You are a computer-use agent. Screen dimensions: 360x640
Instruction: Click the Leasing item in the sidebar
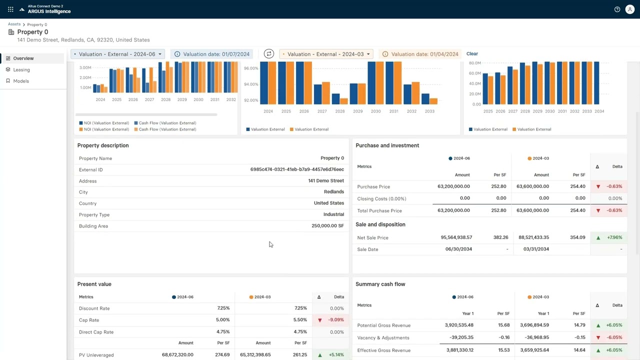coord(21,70)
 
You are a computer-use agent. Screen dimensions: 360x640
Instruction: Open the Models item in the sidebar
coord(21,81)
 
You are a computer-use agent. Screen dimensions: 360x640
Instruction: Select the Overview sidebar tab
coord(23,58)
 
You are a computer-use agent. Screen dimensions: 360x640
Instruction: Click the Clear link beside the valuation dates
coord(472,54)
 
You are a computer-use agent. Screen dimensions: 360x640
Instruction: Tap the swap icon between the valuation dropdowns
coord(269,54)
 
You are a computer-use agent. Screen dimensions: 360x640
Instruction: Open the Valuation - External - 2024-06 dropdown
coord(118,54)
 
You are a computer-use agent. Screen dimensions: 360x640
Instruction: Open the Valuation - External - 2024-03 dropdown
coord(326,54)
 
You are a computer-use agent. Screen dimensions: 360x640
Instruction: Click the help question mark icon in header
coord(617,9)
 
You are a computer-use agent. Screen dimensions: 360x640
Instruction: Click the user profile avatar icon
coord(630,9)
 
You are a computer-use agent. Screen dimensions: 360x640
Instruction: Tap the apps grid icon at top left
coord(10,9)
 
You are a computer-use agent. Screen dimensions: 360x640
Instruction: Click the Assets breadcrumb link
coord(14,24)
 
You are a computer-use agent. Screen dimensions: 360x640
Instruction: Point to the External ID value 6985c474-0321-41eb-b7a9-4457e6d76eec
coord(297,170)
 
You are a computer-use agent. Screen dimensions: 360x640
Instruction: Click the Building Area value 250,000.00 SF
coord(327,226)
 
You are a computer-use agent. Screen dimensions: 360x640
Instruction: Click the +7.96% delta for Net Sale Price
coord(613,237)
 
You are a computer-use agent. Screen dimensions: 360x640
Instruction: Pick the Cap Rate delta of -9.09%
coord(336,320)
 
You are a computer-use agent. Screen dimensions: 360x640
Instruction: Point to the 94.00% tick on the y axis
coord(251,84)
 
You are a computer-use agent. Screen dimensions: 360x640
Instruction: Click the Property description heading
coord(103,145)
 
